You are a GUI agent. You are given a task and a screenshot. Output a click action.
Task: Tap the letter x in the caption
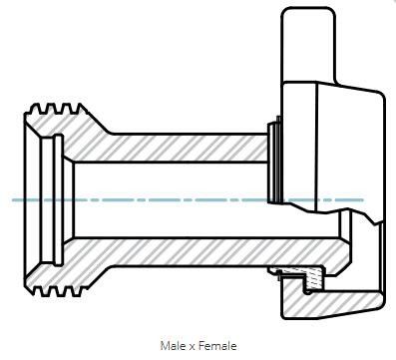[193, 347]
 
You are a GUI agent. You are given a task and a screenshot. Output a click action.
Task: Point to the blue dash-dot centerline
[188, 200]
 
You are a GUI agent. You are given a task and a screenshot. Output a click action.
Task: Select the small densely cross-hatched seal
[314, 278]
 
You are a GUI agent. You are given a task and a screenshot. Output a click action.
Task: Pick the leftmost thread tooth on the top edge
[34, 109]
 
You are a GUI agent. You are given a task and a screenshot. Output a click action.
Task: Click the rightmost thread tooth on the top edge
[82, 109]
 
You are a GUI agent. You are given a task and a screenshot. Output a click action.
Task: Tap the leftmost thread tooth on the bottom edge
[39, 291]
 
